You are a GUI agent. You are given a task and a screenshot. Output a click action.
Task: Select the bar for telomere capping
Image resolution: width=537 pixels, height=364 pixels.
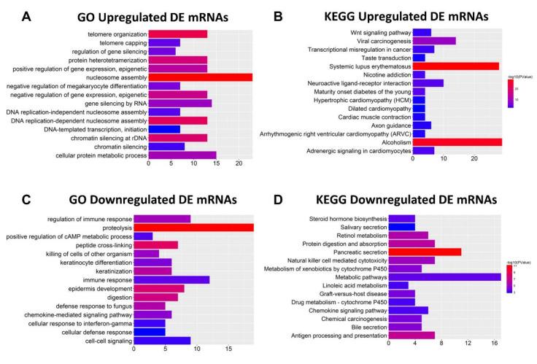[x=164, y=43]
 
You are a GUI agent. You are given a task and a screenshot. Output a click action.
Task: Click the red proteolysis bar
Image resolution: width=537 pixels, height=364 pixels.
[x=201, y=228]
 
